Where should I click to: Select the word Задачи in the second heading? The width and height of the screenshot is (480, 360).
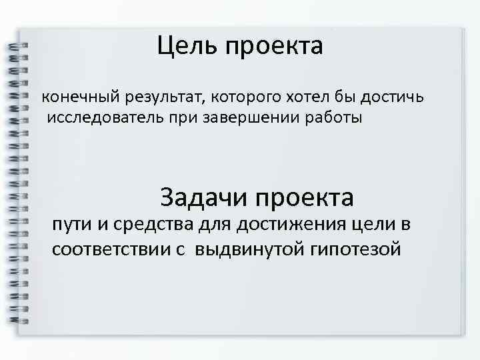201,198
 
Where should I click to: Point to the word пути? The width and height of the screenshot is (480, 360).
73,225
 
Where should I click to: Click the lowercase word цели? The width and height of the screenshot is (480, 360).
373,225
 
